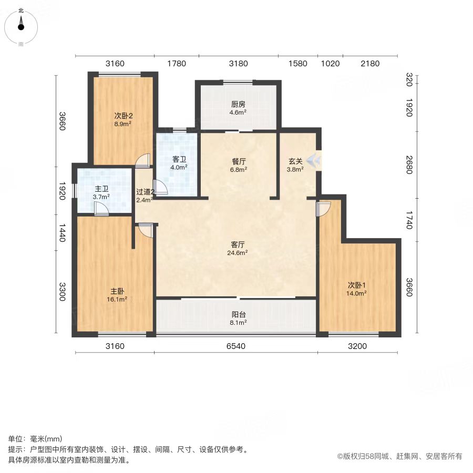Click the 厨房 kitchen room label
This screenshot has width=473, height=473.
pos(238,105)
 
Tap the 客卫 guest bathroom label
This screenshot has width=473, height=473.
pos(179,159)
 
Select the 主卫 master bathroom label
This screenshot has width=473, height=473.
pos(101,189)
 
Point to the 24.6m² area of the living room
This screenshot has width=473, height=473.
pos(238,253)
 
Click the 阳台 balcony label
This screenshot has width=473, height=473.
pos(238,315)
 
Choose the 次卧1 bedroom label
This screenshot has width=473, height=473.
pos(356,285)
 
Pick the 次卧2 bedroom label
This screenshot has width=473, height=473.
pos(124,116)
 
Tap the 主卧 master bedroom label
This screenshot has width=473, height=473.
pos(117,291)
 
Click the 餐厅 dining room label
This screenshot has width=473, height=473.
pos(239,162)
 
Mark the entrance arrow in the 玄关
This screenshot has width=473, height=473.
pos(312,160)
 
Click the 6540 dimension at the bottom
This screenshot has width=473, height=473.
pos(236,346)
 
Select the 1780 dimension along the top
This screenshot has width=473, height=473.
pos(177,64)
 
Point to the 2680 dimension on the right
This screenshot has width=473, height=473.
pos(409,164)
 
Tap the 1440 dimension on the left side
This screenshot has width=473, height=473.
pos(62,233)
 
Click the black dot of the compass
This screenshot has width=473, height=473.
pos(21,27)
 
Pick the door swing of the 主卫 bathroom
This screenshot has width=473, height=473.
pos(101,209)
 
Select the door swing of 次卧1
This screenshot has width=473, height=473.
pos(323,209)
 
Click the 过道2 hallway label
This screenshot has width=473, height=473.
pos(145,192)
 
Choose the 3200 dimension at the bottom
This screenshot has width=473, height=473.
pos(357,346)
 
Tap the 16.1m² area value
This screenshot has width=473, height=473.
pos(117,300)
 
